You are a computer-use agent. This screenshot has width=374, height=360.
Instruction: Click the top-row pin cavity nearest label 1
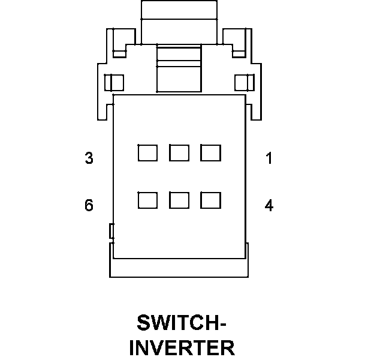click(210, 153)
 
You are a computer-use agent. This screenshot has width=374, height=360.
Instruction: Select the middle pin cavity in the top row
click(179, 153)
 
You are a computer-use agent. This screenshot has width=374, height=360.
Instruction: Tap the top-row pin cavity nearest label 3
click(147, 153)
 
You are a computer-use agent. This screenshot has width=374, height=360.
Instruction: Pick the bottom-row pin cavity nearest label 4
click(210, 200)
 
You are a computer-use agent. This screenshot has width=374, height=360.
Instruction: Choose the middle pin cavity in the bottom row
click(179, 200)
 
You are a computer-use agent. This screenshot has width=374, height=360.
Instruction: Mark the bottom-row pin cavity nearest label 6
click(147, 200)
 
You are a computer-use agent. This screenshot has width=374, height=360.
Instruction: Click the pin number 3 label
click(89, 158)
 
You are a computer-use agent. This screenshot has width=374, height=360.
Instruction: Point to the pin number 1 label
click(269, 158)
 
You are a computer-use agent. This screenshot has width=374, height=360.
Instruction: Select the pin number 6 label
click(89, 206)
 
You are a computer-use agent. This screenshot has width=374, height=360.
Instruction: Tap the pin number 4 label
click(269, 206)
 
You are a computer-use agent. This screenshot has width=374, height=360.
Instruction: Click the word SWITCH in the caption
click(174, 324)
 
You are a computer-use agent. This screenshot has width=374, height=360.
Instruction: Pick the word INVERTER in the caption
click(182, 349)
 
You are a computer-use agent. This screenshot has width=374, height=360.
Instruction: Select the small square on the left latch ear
click(114, 82)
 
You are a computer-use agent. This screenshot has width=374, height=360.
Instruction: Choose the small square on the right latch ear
click(245, 82)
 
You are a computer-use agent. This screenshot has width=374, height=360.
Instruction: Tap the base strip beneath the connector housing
click(179, 268)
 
